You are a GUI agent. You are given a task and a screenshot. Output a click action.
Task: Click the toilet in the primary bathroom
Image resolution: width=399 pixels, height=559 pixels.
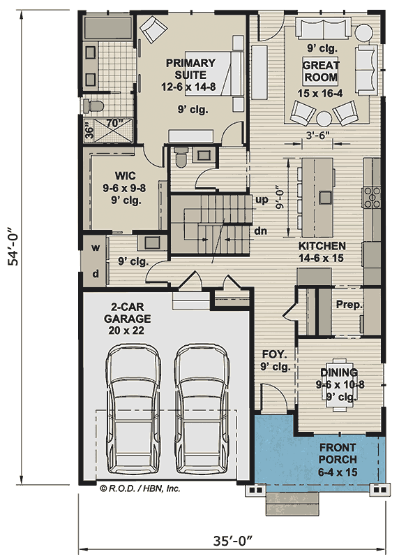(92, 106)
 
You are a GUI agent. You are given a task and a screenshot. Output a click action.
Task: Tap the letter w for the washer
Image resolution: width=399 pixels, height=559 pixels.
(96, 247)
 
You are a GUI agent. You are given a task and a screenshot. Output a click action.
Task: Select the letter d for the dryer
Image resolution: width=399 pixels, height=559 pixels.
(96, 273)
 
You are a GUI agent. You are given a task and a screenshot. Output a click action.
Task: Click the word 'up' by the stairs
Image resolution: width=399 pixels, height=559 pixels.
(262, 200)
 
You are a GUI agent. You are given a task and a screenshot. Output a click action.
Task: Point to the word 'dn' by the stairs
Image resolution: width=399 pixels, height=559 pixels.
(262, 231)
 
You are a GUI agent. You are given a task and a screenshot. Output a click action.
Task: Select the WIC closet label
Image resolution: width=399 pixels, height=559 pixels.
(126, 175)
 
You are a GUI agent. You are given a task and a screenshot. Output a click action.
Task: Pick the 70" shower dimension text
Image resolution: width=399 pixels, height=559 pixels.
(114, 124)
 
